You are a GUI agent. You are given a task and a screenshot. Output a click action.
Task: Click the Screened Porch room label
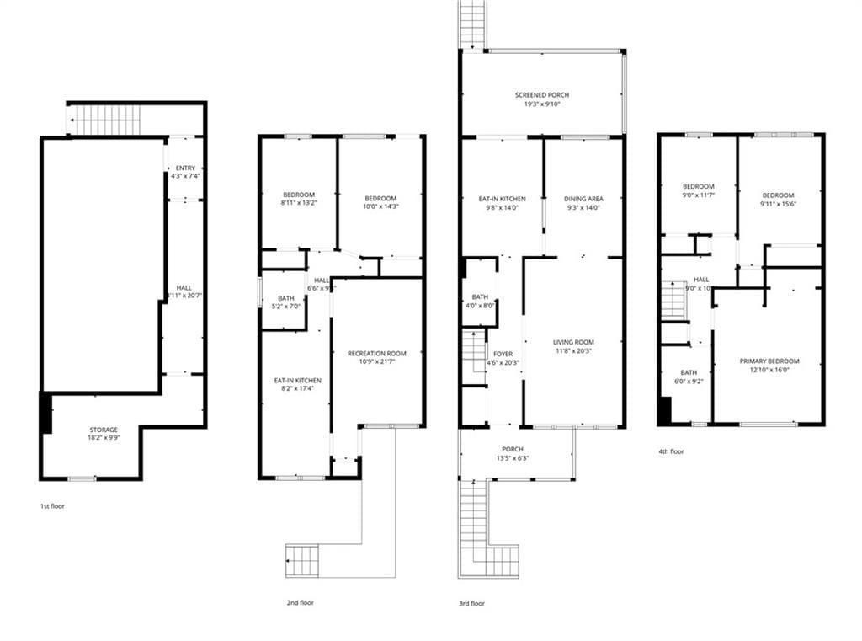(x=537, y=95)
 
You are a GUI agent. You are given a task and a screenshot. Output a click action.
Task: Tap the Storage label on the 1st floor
(x=104, y=430)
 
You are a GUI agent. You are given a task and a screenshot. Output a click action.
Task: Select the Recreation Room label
(x=377, y=354)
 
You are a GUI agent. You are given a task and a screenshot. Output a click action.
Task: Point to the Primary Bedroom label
(x=769, y=361)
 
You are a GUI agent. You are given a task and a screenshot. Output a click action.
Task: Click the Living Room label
(x=573, y=342)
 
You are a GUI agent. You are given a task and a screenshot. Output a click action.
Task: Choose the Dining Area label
(x=583, y=200)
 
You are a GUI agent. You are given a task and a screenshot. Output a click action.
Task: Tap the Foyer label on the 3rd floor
(x=503, y=354)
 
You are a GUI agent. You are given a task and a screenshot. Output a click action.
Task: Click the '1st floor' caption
(x=52, y=506)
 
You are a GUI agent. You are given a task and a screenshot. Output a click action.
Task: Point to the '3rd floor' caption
(x=471, y=603)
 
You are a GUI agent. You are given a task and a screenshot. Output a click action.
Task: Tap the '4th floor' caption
(x=671, y=451)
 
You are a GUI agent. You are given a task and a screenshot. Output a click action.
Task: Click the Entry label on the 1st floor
(x=185, y=168)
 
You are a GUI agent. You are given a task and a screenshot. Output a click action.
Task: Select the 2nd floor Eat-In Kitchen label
(x=297, y=381)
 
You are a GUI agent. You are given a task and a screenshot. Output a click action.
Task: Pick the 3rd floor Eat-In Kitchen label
(x=502, y=200)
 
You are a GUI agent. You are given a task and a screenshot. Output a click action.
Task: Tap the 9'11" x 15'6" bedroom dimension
(x=778, y=203)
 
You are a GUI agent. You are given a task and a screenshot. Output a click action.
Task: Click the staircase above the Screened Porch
(x=473, y=24)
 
